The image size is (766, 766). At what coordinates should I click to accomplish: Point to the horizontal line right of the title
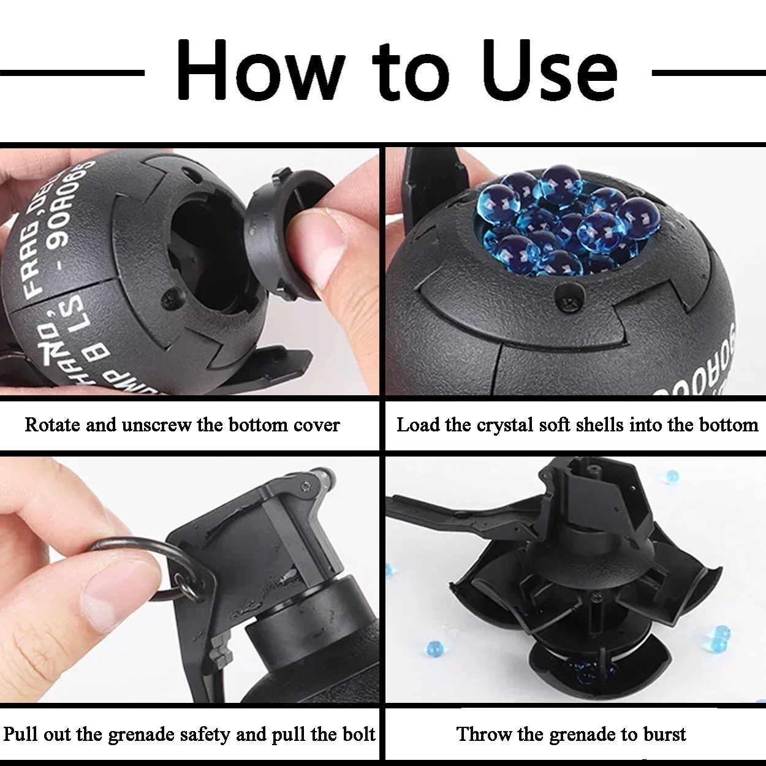(x=708, y=73)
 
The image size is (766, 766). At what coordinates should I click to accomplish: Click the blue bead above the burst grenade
(x=672, y=476)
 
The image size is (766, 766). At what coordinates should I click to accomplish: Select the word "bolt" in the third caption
(x=359, y=734)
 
